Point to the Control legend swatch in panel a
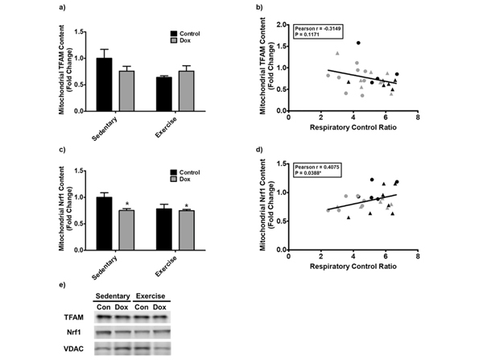click(175, 33)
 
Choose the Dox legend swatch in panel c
click(175, 180)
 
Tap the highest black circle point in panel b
click(357, 43)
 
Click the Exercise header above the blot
click(151, 295)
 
